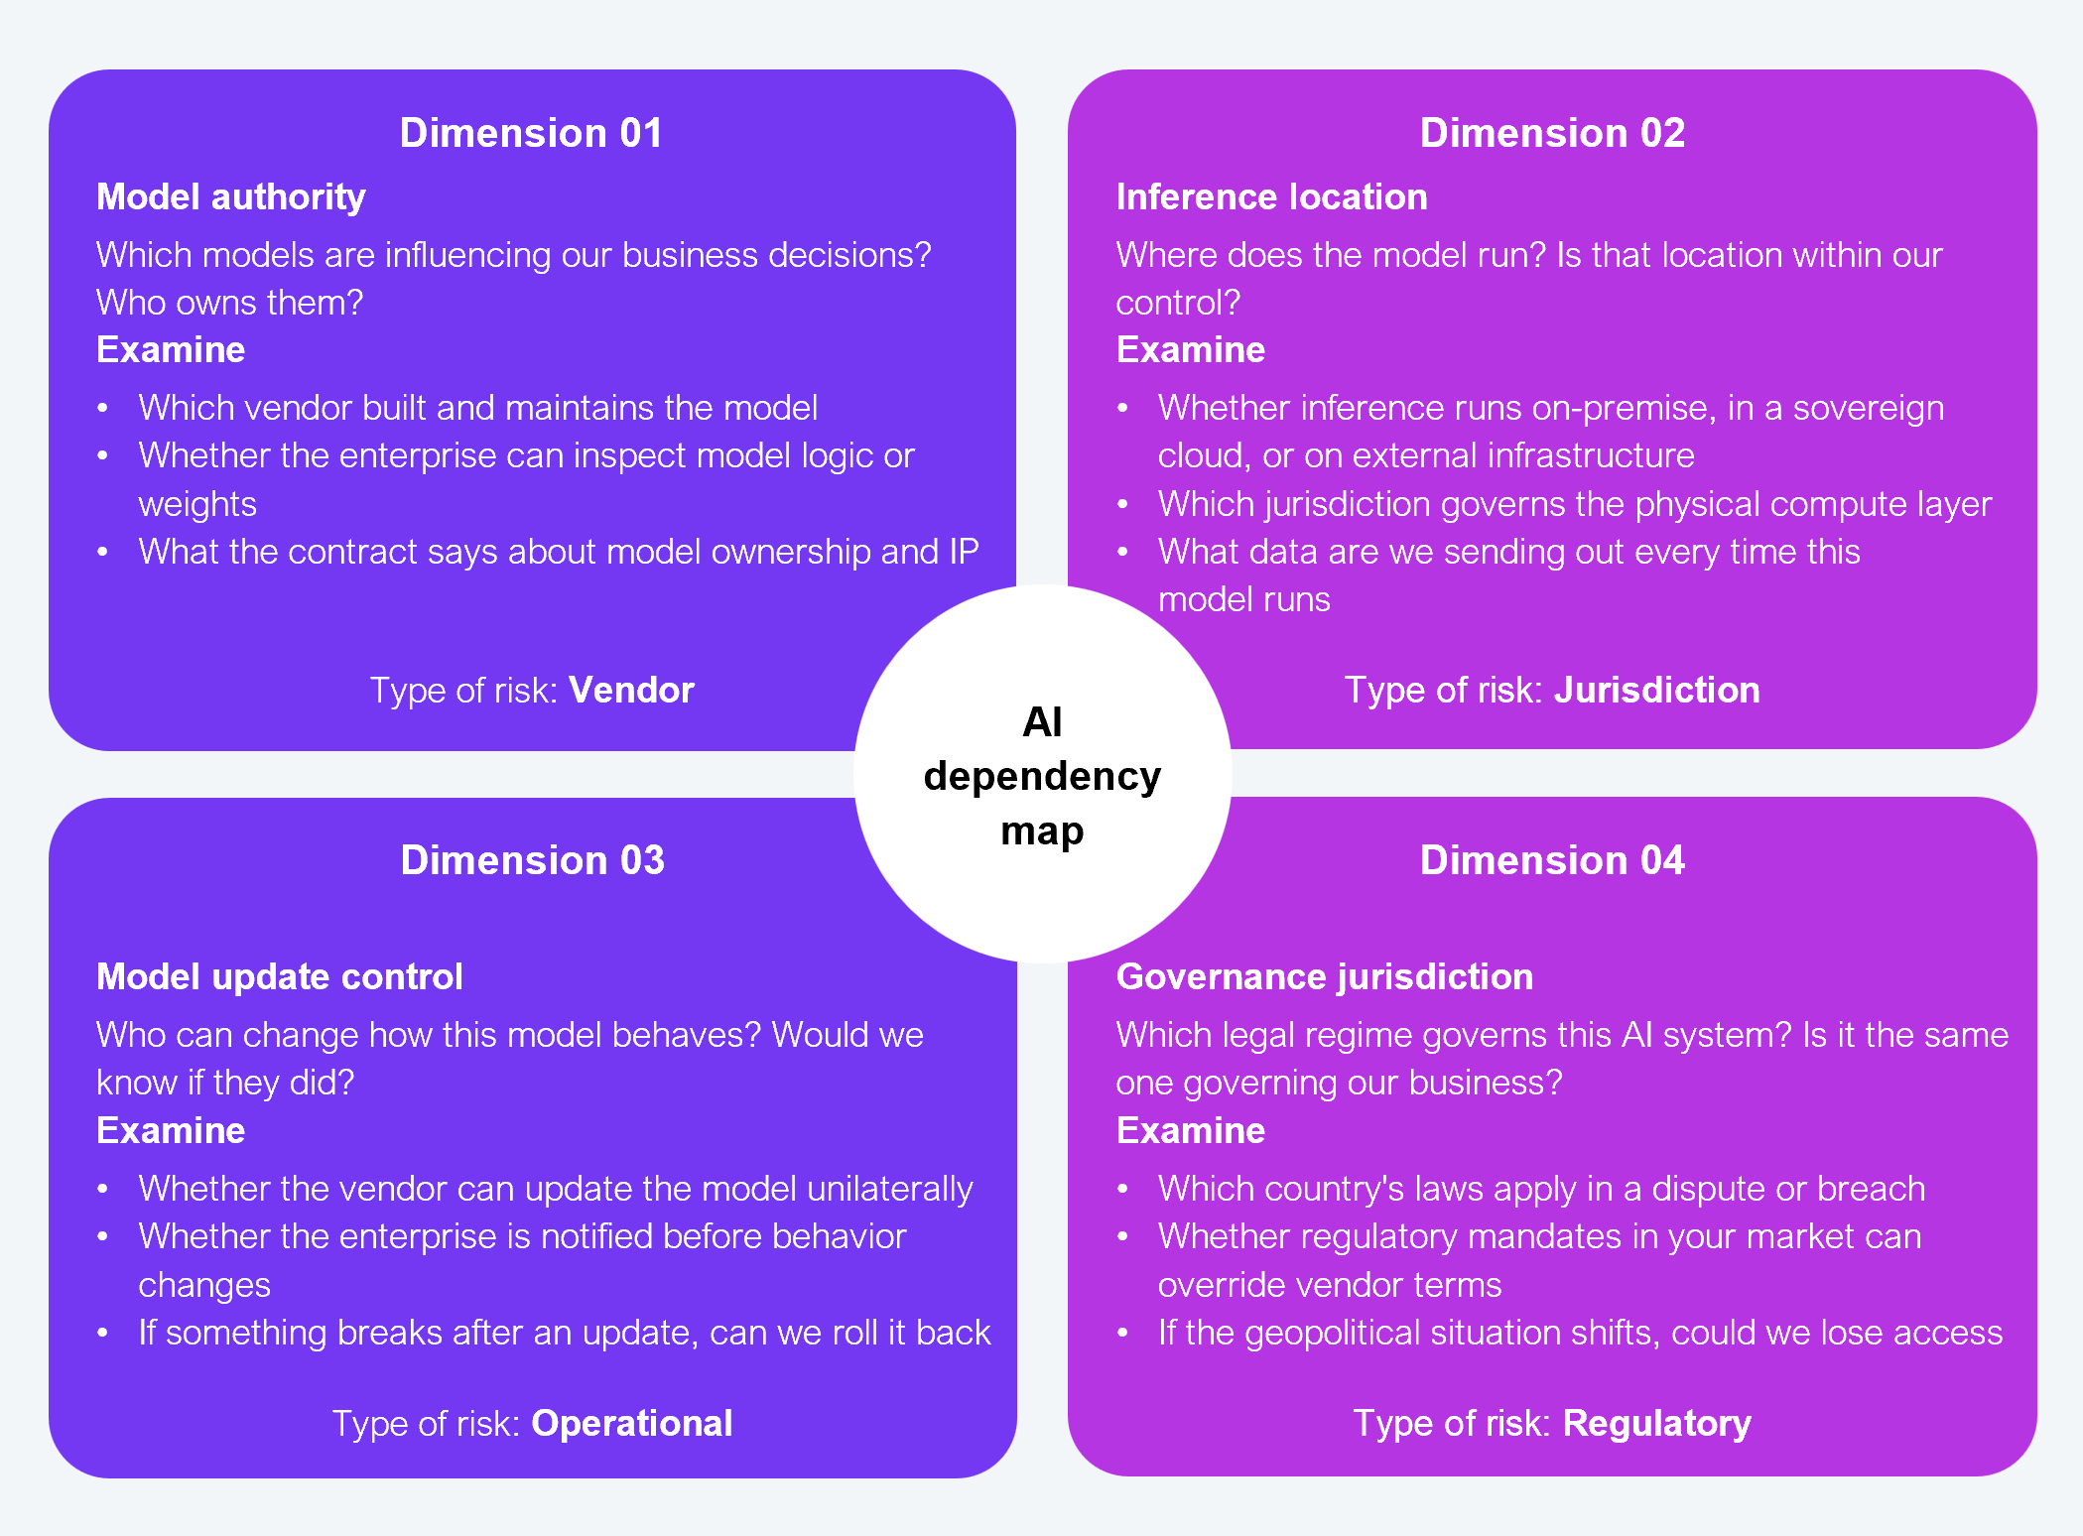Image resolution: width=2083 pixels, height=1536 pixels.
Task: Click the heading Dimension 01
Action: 531,134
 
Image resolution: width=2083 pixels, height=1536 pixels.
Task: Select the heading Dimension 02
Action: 1552,134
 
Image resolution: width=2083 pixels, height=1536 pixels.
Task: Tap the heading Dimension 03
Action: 532,860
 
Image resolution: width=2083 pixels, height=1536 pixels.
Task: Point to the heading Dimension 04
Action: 1552,860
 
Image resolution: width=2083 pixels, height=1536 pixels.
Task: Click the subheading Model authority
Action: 230,197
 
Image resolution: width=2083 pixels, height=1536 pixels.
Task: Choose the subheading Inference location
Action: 1271,197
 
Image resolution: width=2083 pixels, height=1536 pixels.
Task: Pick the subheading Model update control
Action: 279,977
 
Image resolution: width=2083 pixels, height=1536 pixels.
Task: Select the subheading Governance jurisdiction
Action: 1324,977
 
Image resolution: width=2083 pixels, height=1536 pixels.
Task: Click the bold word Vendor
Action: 631,691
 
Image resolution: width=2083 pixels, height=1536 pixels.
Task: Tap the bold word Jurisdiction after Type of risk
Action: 1656,691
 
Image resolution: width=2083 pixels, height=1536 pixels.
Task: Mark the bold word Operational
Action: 631,1424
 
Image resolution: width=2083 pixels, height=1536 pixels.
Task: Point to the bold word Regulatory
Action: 1656,1424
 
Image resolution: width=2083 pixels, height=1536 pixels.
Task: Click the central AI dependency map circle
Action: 1042,775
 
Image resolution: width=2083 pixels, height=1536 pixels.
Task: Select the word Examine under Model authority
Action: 171,350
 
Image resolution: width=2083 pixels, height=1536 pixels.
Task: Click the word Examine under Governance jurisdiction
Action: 1190,1131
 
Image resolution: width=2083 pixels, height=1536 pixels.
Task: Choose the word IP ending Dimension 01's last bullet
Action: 964,552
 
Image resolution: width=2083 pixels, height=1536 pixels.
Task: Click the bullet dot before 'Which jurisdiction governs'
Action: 1122,504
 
